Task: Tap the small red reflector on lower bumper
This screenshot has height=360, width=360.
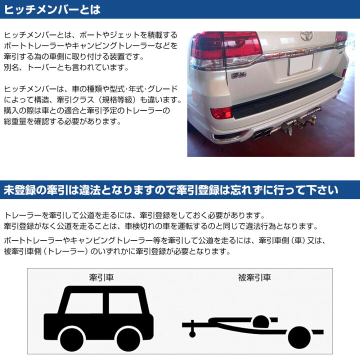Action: pyautogui.click(x=220, y=112)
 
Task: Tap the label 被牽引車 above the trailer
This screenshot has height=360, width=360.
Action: pyautogui.click(x=255, y=277)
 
